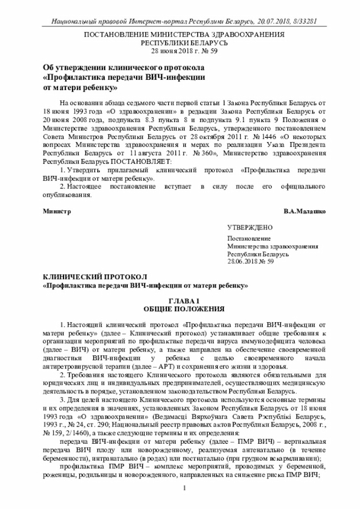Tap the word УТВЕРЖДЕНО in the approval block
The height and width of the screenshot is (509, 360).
click(x=250, y=228)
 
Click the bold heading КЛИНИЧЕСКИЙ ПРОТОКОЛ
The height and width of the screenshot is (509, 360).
click(x=95, y=277)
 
